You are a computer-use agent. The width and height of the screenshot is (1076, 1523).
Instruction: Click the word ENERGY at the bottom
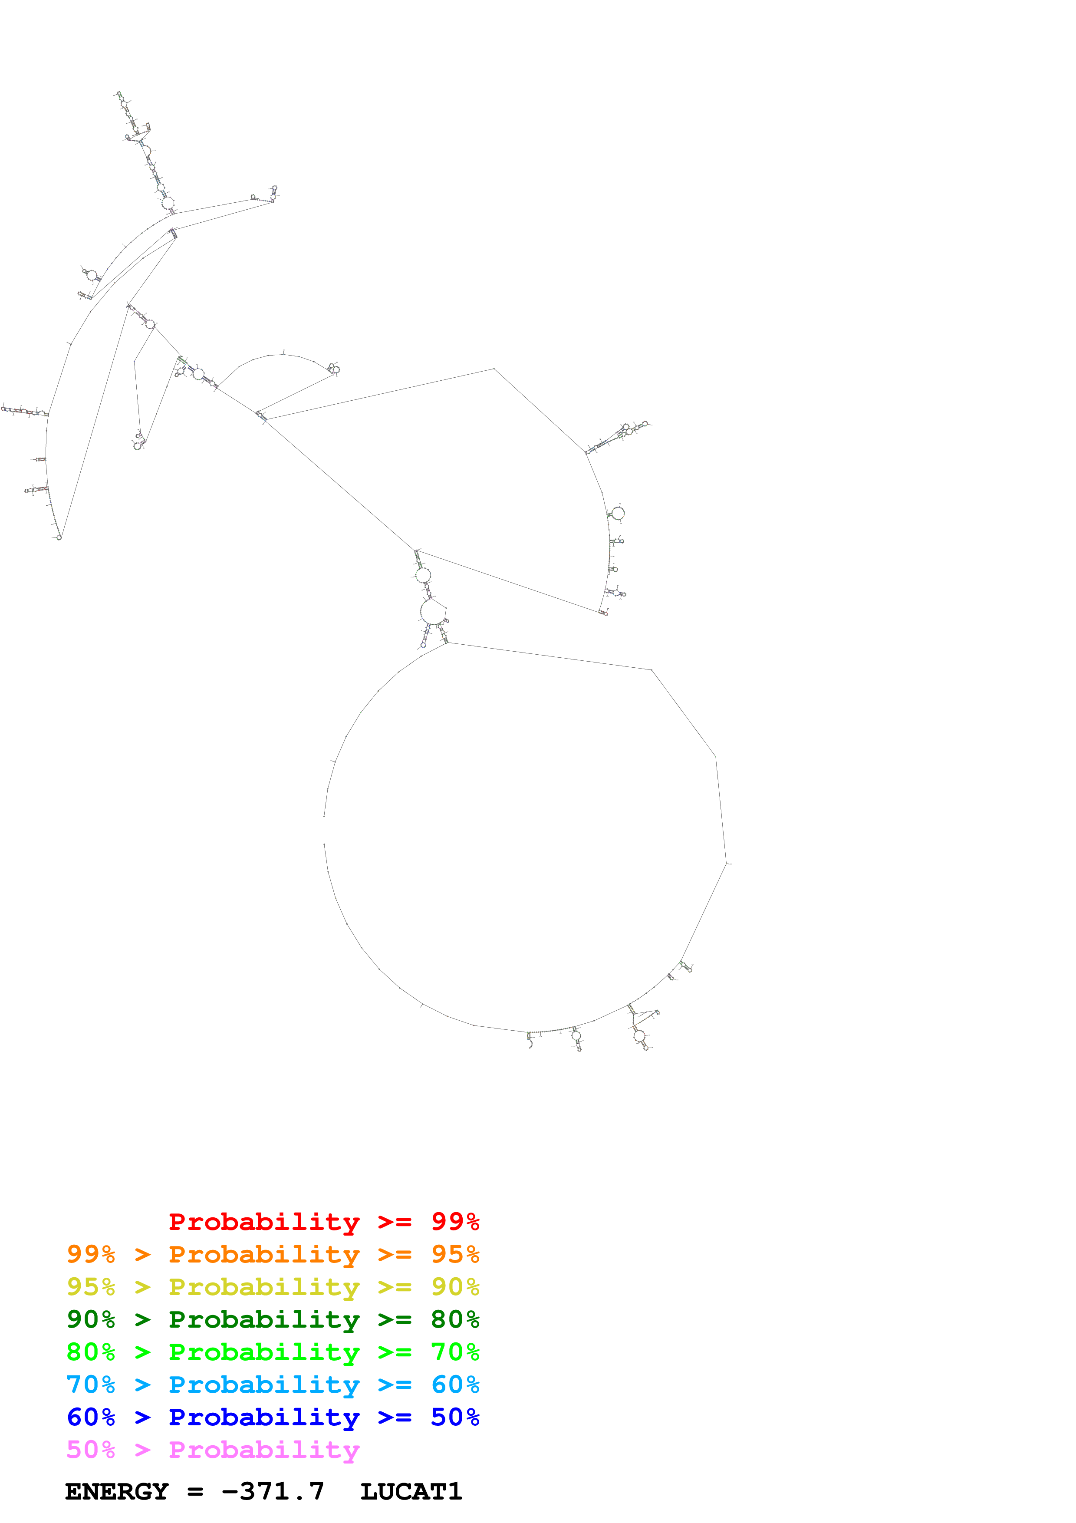tap(117, 1492)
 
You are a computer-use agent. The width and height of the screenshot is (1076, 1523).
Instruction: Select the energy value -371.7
tap(273, 1492)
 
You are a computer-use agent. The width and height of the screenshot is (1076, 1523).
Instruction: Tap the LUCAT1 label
tap(411, 1492)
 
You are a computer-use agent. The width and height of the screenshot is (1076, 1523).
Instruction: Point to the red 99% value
tap(455, 1222)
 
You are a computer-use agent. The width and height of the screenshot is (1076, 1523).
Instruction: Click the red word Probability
tap(264, 1222)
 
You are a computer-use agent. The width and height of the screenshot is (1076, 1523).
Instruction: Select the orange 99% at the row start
tap(91, 1254)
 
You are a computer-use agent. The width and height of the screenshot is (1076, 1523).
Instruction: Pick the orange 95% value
tap(455, 1254)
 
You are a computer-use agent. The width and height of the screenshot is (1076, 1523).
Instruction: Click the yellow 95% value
tap(91, 1287)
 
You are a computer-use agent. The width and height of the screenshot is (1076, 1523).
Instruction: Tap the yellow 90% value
tap(455, 1287)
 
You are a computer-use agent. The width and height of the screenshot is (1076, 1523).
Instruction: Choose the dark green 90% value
tap(91, 1319)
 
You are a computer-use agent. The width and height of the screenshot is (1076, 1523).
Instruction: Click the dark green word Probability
tap(264, 1319)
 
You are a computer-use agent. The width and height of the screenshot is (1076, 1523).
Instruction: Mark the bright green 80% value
tap(91, 1352)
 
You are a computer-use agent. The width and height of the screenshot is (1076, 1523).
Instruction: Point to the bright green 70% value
tap(455, 1352)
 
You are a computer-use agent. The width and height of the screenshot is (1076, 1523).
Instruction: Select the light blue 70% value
tap(91, 1385)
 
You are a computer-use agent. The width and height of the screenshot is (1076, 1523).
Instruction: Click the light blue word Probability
tap(264, 1385)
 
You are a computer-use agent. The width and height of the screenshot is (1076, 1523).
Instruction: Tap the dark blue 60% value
tap(91, 1417)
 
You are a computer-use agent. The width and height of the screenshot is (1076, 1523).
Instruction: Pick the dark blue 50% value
tap(455, 1417)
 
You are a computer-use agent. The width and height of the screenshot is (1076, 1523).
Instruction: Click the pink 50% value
tap(91, 1449)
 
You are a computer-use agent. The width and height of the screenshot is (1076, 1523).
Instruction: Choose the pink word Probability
tap(264, 1449)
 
